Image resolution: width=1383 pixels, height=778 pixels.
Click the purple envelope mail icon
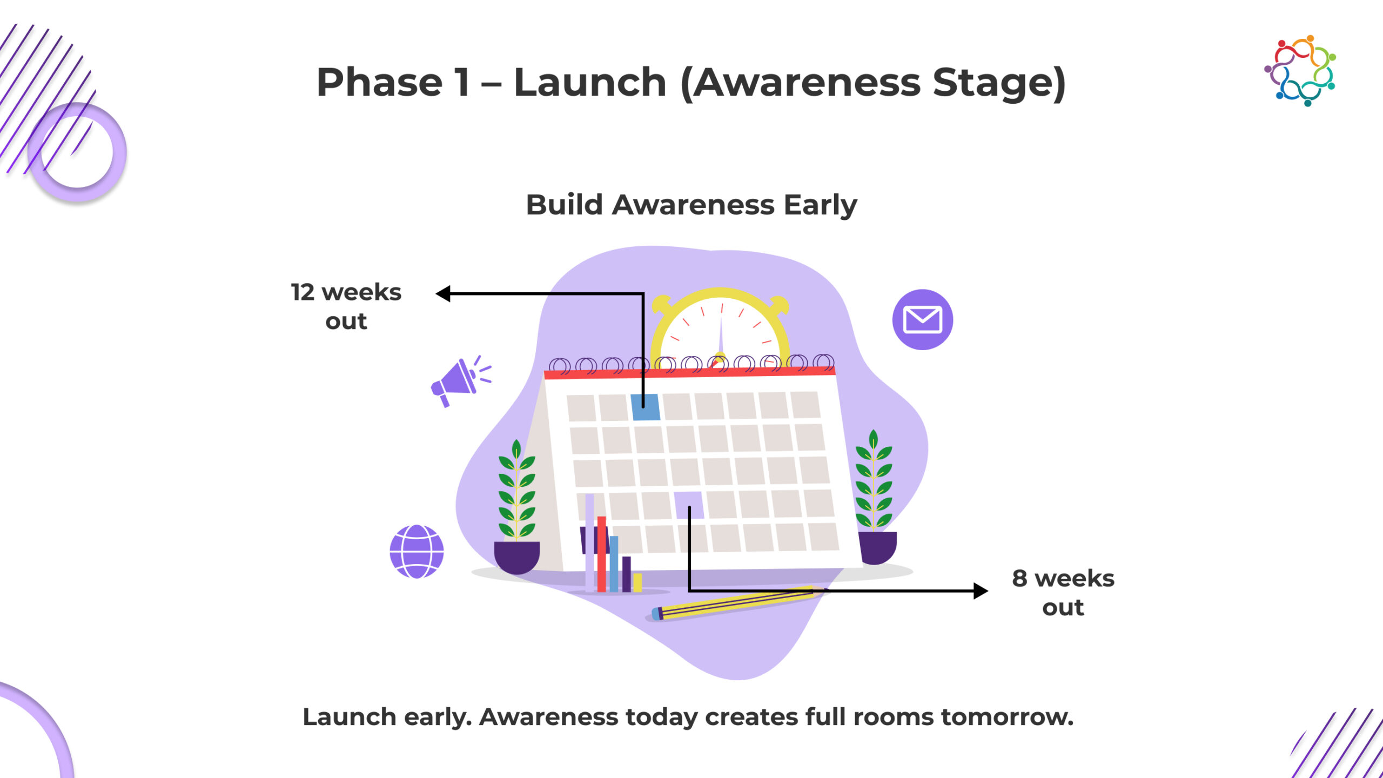[922, 319]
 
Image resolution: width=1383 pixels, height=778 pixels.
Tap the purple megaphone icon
[459, 381]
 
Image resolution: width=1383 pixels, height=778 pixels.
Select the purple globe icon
[417, 551]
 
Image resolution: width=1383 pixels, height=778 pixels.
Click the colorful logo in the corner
[1300, 70]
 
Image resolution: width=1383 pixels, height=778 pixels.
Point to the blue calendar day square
[646, 407]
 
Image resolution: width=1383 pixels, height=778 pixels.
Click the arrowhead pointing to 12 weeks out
[443, 293]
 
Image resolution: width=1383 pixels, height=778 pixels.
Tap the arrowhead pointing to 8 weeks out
[981, 591]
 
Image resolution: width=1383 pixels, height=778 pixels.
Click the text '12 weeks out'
[346, 306]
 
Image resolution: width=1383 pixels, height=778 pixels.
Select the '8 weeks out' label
[1063, 593]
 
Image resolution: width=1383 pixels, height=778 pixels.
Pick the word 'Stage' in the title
[993, 84]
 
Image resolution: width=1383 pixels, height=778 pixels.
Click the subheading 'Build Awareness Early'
[691, 205]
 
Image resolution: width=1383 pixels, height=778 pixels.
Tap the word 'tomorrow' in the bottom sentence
[1007, 717]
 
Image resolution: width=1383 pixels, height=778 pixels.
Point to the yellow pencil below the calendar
[735, 603]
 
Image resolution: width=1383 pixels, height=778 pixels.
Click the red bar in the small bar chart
[601, 554]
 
